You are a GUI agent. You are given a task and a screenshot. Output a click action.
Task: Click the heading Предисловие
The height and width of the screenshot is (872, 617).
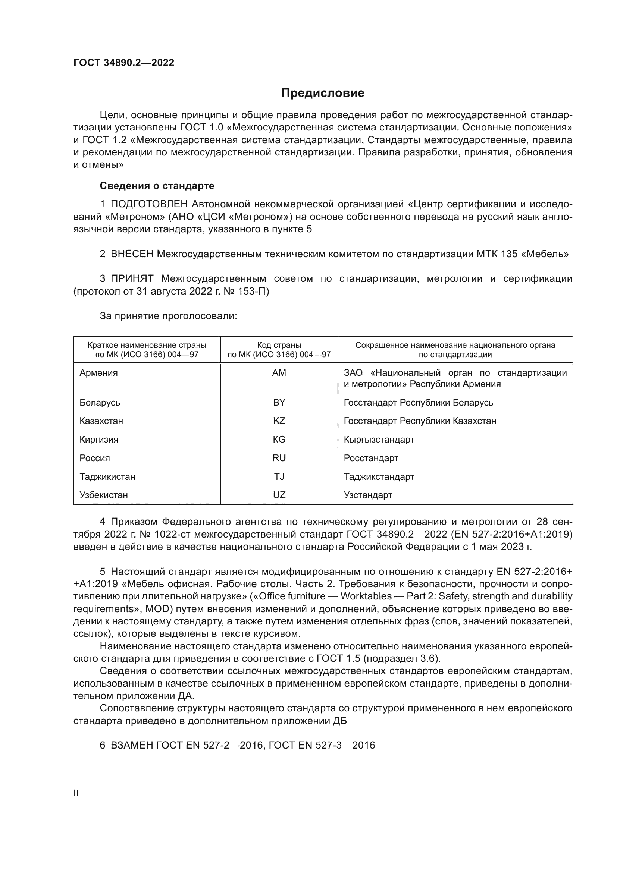pos(323,93)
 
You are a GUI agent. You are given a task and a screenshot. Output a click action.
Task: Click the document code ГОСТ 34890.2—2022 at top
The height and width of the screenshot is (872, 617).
pos(124,63)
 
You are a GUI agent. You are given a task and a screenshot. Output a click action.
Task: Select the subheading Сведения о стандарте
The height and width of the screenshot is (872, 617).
pos(157,186)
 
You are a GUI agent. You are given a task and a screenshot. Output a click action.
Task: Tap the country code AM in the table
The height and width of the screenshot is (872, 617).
pos(279,372)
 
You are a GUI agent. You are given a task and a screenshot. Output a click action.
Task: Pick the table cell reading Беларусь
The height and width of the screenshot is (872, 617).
pos(100,402)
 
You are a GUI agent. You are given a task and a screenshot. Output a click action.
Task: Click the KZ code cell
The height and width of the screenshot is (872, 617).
pos(279,421)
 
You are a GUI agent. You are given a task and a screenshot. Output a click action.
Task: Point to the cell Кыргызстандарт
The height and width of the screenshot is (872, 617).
pos(379,440)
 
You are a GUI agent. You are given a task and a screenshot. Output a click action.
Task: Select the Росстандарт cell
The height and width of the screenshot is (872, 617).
pos(371,458)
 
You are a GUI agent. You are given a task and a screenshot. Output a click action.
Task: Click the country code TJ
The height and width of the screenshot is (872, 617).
pos(279,477)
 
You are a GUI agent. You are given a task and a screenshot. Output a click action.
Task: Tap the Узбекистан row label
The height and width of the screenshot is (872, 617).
pos(104,495)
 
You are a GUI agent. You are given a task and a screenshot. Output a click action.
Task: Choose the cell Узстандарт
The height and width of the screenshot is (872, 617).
pos(368,495)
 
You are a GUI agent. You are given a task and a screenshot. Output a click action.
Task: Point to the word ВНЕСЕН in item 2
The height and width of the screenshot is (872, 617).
pos(132,254)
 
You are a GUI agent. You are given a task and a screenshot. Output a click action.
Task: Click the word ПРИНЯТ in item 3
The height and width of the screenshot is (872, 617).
pos(132,278)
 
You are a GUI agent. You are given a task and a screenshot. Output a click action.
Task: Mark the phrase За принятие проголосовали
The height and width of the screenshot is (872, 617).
pos(168,316)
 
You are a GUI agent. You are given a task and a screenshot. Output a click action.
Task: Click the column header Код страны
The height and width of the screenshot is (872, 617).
pos(279,345)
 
